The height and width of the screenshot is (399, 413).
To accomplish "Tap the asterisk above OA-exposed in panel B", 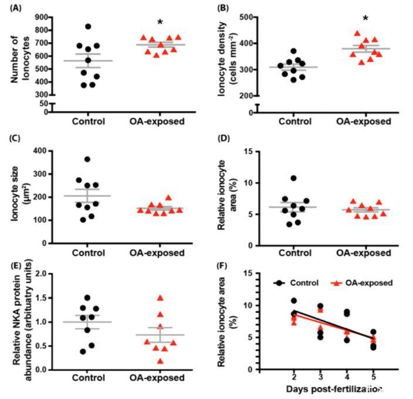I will click(365, 19).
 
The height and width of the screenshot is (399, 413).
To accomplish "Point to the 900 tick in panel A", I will click(40, 16).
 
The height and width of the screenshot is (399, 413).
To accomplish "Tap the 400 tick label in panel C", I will click(40, 151).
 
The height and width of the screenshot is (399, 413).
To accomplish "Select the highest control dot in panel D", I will click(293, 178).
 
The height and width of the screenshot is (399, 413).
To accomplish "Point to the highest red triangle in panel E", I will click(160, 298).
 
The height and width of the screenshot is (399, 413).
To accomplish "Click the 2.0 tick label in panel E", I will click(42, 274).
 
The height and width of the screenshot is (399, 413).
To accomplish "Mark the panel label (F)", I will click(223, 265).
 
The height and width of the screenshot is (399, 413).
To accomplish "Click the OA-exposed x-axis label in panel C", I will click(157, 253).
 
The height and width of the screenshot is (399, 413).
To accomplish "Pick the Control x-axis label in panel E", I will click(88, 378).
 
